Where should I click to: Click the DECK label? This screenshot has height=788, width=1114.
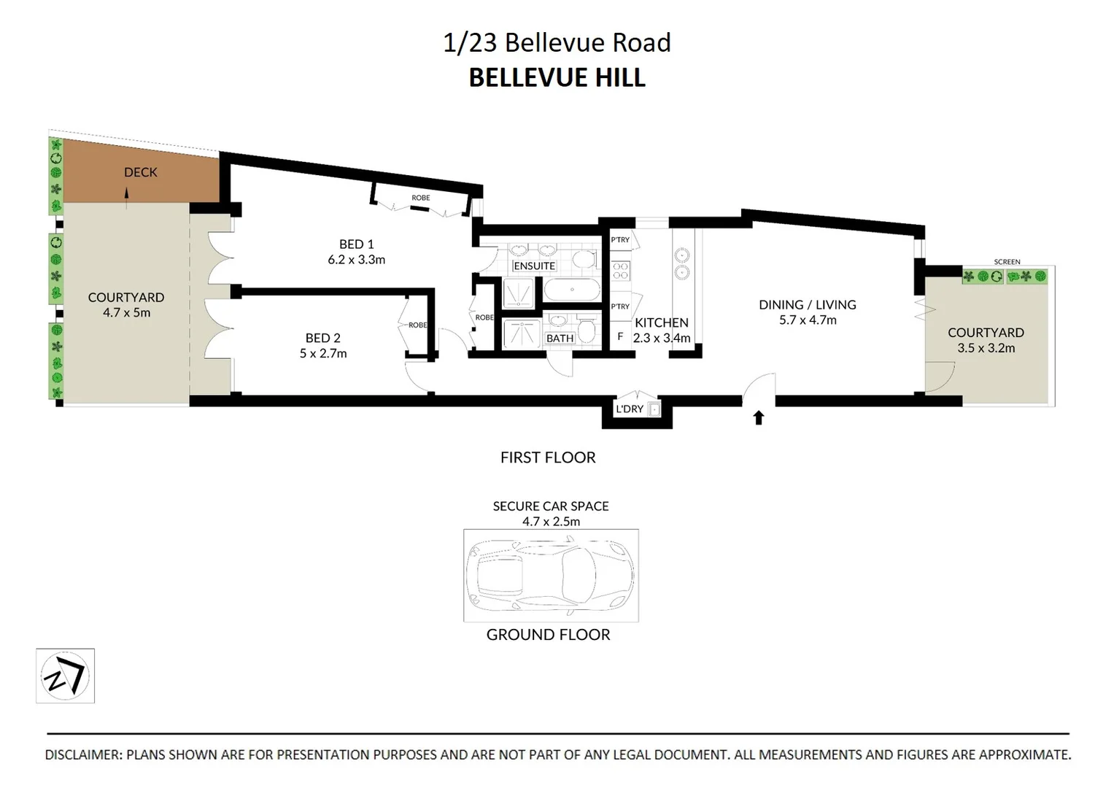click(x=141, y=172)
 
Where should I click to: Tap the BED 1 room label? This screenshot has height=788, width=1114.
click(x=356, y=244)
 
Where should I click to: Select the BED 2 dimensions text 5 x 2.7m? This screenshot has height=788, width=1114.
click(x=322, y=354)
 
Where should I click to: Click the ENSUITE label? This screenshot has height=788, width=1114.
click(x=534, y=266)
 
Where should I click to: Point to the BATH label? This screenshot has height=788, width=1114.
click(x=560, y=339)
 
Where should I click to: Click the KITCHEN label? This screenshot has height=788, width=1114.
click(x=661, y=322)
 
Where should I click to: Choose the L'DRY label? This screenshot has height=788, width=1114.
click(x=629, y=409)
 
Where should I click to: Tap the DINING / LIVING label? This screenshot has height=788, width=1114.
click(x=807, y=305)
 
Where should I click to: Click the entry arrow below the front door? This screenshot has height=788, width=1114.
click(x=758, y=418)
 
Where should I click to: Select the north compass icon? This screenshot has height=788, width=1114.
click(x=65, y=676)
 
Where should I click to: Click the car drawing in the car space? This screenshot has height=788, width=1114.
click(x=551, y=575)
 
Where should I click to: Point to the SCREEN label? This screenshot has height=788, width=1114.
click(x=1007, y=262)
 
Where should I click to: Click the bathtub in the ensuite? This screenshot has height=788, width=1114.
click(x=570, y=289)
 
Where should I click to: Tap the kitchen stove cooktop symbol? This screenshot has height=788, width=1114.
click(x=621, y=271)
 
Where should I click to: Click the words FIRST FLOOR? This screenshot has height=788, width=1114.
click(x=548, y=457)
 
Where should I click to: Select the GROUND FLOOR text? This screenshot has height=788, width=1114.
click(x=548, y=635)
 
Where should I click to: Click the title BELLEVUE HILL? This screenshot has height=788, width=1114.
click(x=557, y=77)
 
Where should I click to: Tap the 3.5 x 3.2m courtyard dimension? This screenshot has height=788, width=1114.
click(x=986, y=348)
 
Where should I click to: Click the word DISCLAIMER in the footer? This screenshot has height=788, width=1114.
click(x=83, y=755)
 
